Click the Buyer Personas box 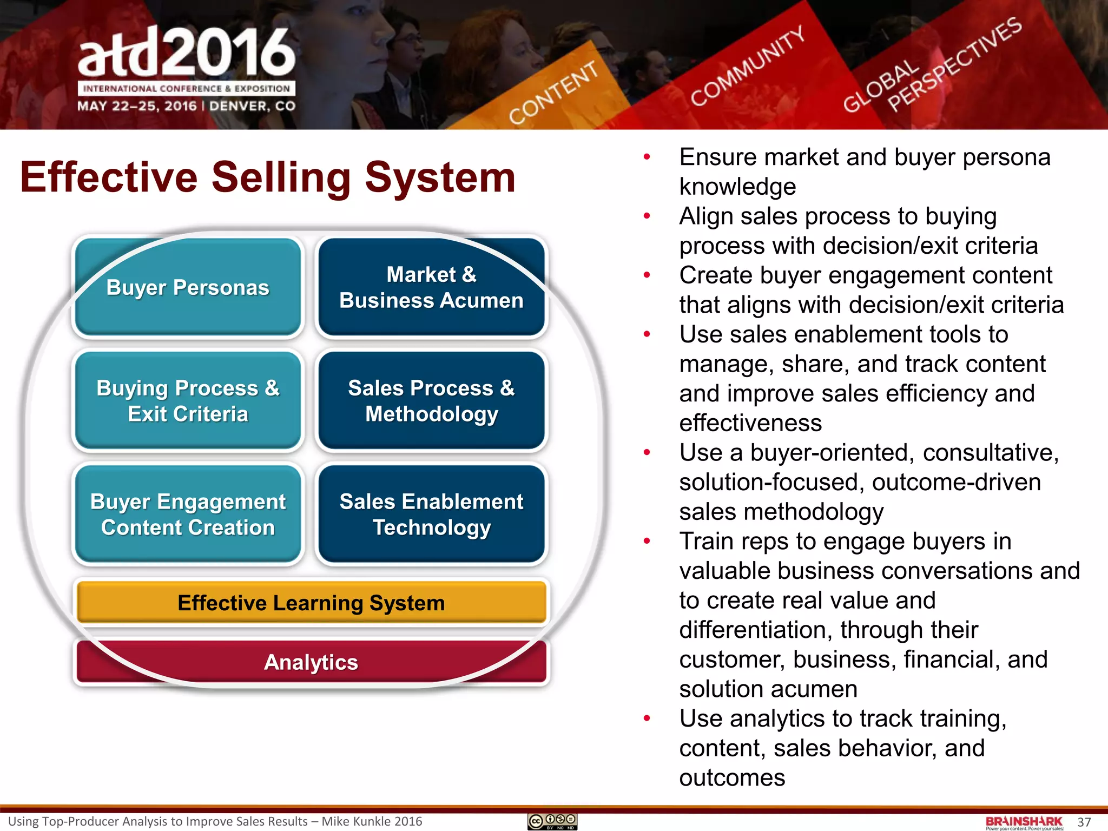coord(188,287)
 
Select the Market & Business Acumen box coord(431,287)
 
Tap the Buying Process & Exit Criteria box coord(188,401)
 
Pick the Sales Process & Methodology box coord(431,401)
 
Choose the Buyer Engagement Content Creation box coord(188,515)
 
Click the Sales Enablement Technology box coord(431,515)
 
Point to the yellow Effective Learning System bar coord(311,603)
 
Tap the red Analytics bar coord(311,662)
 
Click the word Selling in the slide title coord(281,177)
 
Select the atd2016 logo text coord(187,52)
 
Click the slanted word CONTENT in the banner coord(553,93)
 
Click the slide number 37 coord(1084,822)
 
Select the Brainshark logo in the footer coord(1024,822)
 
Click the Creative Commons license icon coord(552,822)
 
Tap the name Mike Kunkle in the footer coord(355,821)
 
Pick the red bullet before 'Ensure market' coord(647,157)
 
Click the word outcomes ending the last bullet coord(732,778)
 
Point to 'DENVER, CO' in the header coord(252,106)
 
